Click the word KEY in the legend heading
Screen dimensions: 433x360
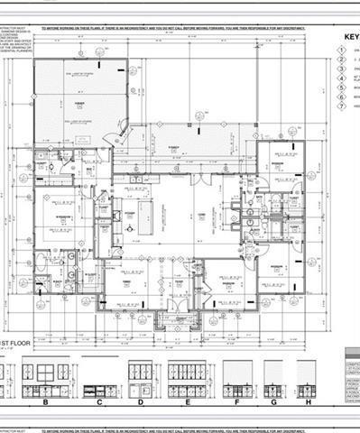(x=351, y=38)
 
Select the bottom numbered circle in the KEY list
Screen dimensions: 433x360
(x=341, y=106)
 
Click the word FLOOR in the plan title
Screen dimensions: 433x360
(x=29, y=344)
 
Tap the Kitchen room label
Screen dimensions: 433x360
(x=128, y=214)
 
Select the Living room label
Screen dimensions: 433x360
(x=200, y=214)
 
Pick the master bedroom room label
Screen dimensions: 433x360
(x=62, y=217)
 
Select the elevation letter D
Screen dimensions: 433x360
(x=141, y=405)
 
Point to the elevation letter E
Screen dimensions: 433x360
(x=186, y=405)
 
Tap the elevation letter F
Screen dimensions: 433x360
(x=236, y=405)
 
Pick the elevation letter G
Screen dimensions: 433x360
(x=273, y=405)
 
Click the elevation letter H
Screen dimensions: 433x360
(x=308, y=405)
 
